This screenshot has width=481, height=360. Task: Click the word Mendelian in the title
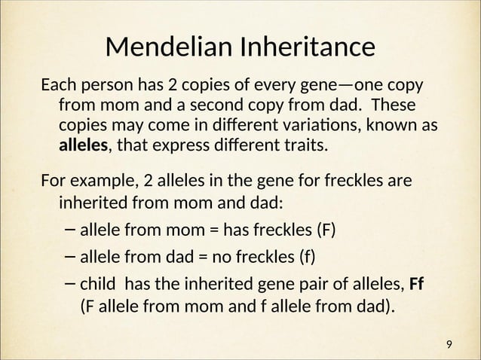click(x=167, y=47)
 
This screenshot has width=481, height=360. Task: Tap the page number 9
click(x=449, y=344)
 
